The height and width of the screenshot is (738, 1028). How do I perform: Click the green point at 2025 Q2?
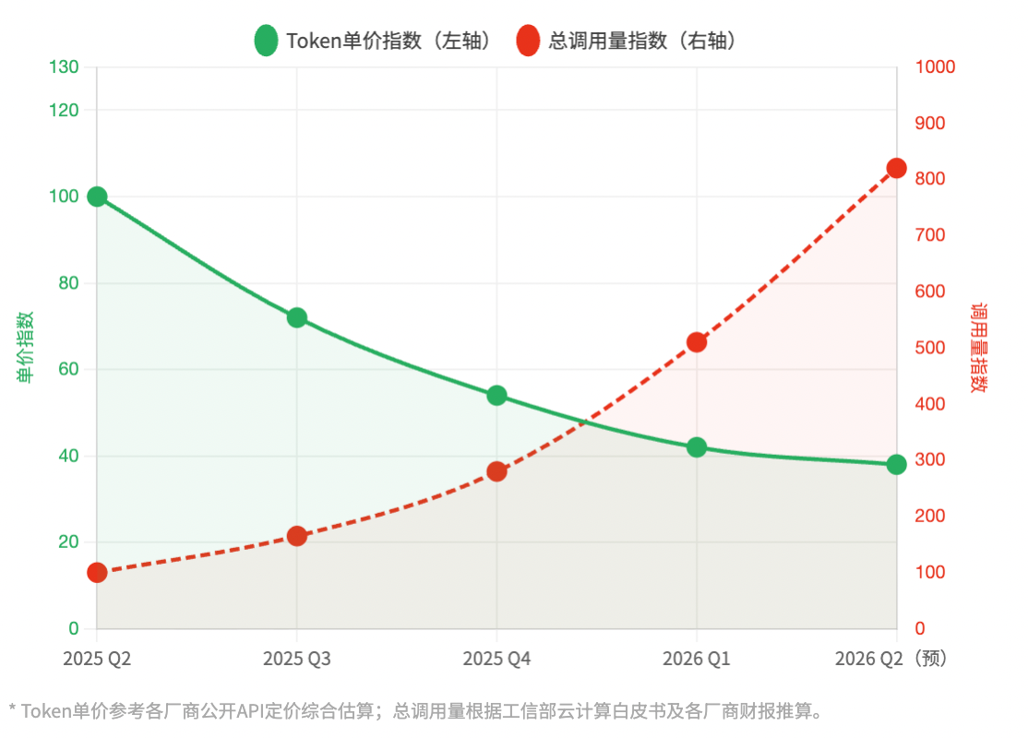(x=97, y=196)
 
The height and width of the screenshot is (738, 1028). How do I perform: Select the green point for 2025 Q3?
(x=297, y=317)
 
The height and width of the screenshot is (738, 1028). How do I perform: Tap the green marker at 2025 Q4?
(x=496, y=396)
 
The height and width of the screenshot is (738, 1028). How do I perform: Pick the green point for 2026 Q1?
(x=697, y=447)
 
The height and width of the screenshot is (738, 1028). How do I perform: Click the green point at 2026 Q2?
(x=896, y=464)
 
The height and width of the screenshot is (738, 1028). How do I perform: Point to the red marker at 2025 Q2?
(x=97, y=573)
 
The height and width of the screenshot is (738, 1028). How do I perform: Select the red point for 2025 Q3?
(x=297, y=536)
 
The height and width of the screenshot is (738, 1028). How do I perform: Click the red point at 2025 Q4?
(x=496, y=471)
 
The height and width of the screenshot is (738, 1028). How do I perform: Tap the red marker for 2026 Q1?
(x=697, y=342)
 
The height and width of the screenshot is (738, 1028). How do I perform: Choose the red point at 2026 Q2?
(x=896, y=168)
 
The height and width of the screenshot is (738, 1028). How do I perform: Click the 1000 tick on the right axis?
(x=935, y=67)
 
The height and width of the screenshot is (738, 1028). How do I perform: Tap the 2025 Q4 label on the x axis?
(x=496, y=659)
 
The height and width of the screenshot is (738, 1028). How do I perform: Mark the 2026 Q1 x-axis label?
(x=697, y=659)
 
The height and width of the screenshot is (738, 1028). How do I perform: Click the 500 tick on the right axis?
(x=930, y=348)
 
